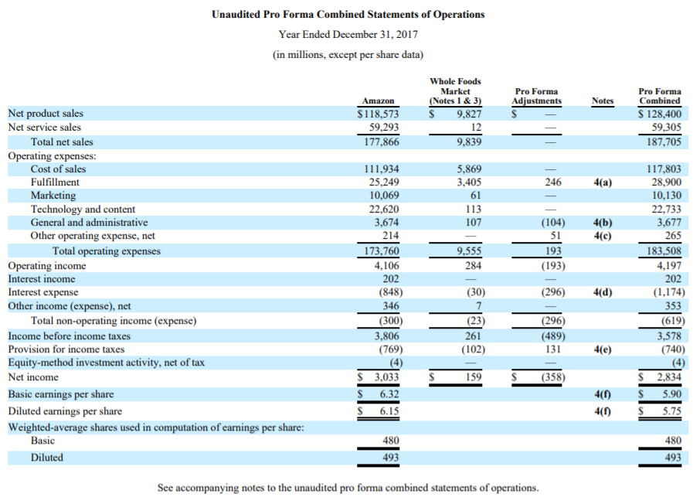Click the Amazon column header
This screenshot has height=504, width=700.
[379, 100]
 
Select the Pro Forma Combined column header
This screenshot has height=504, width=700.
[660, 96]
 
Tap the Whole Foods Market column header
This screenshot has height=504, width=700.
[455, 90]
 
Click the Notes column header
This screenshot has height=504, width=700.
[602, 100]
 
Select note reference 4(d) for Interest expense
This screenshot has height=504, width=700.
[602, 292]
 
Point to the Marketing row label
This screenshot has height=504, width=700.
[53, 196]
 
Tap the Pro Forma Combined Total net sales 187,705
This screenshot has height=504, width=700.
[663, 141]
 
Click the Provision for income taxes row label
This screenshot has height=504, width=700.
[66, 349]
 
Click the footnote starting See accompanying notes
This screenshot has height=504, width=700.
[348, 488]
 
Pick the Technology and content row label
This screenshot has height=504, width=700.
[83, 209]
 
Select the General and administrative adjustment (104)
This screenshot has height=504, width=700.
[552, 223]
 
